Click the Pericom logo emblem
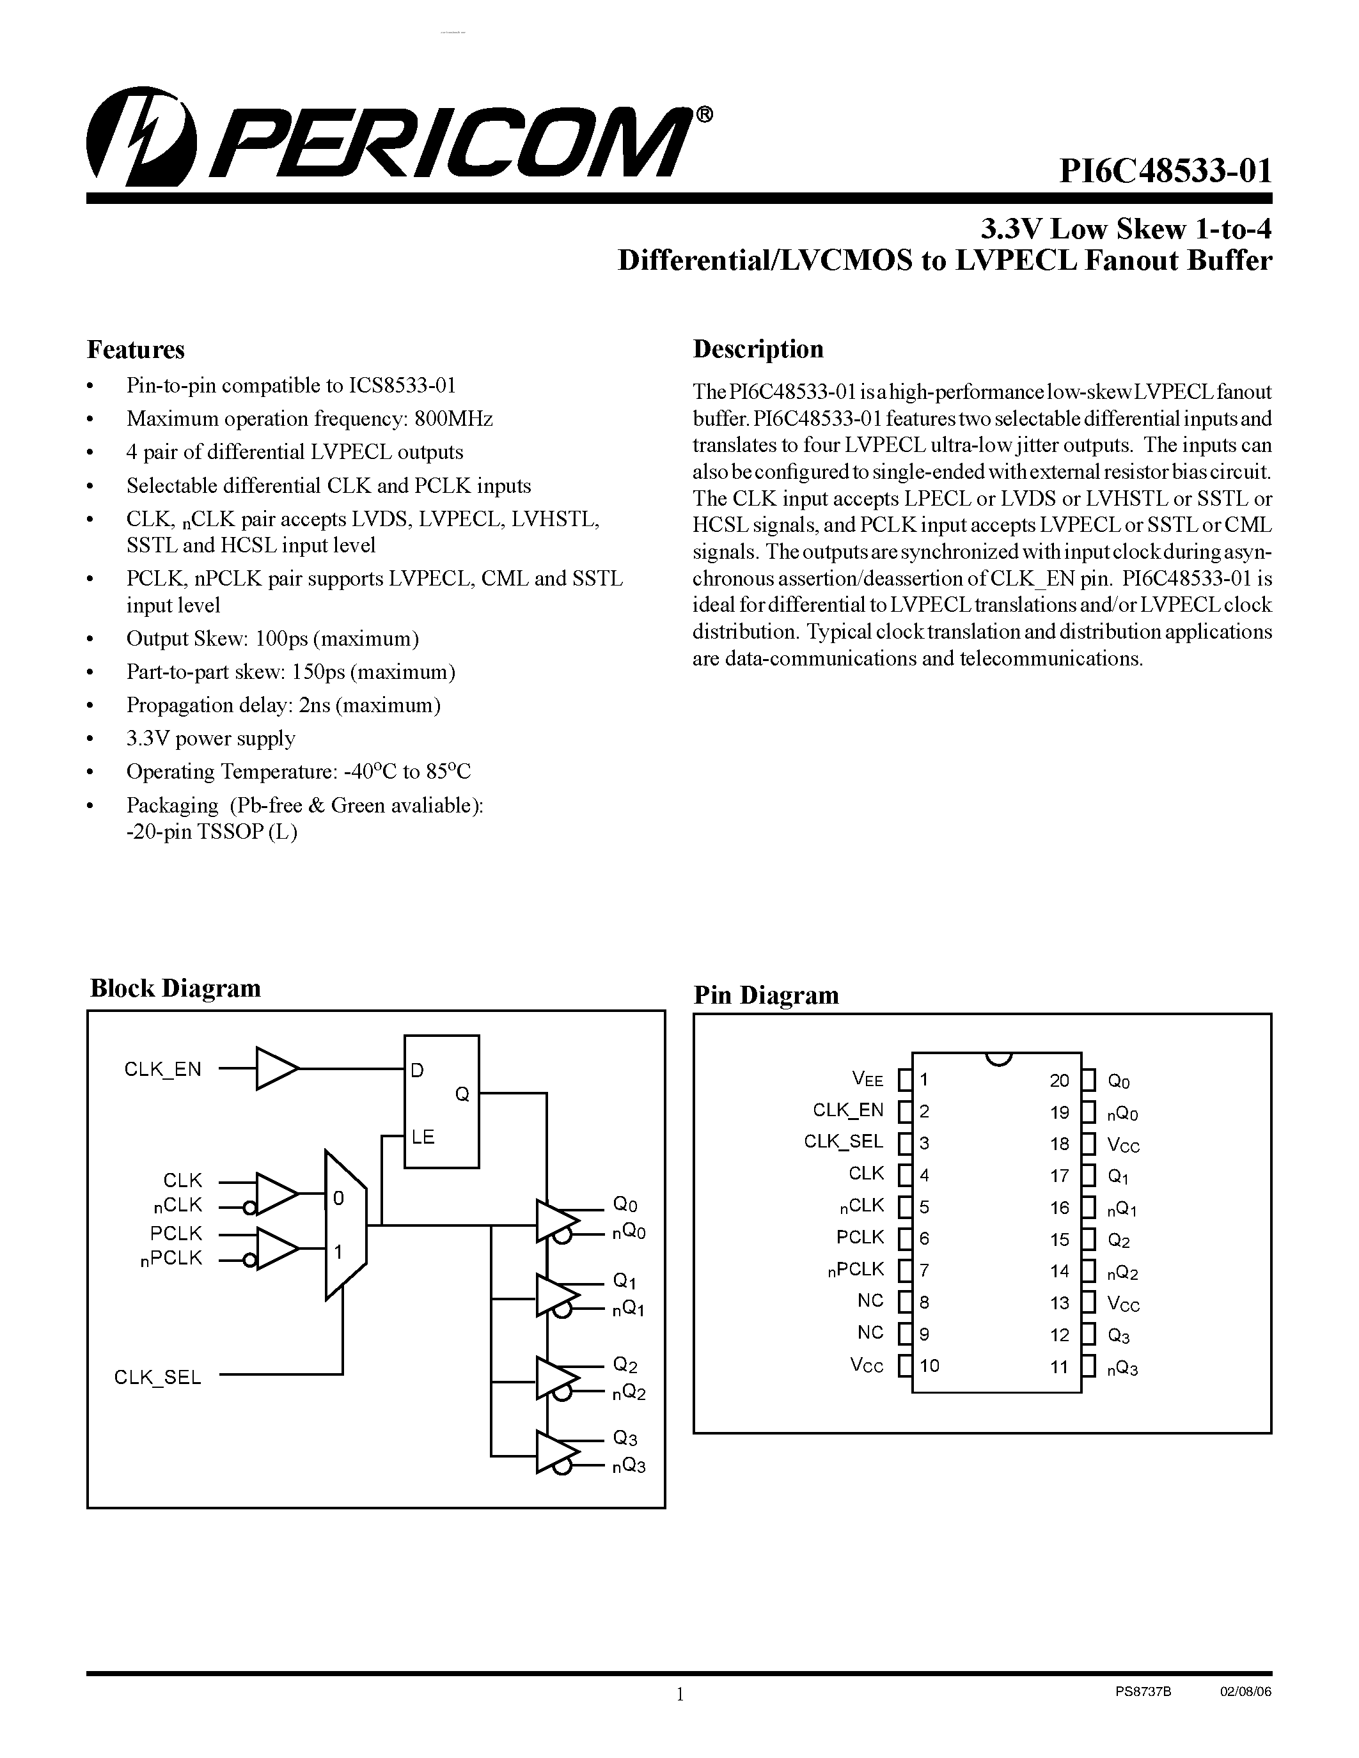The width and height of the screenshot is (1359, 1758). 141,137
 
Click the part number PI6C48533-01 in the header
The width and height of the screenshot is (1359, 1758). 1165,171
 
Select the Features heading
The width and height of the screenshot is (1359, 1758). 135,349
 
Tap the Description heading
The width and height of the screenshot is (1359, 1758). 758,348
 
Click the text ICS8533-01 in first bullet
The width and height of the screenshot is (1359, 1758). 402,385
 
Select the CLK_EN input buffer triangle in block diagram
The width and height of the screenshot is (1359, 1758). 276,1069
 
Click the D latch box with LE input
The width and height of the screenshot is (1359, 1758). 441,1101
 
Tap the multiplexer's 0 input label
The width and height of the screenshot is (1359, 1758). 338,1199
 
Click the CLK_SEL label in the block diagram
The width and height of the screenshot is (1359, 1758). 158,1377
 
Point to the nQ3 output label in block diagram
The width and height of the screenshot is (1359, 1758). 629,1466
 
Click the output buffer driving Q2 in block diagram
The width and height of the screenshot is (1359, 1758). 556,1379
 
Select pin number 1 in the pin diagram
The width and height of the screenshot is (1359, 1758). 924,1080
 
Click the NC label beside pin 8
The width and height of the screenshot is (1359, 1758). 870,1301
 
